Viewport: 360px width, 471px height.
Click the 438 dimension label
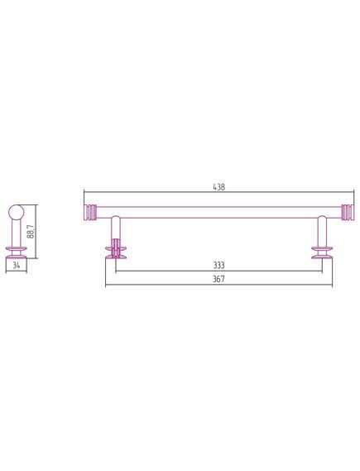point(218,187)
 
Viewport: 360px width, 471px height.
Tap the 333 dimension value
point(218,265)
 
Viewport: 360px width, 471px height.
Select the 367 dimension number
point(218,279)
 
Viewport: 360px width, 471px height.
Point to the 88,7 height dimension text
point(31,231)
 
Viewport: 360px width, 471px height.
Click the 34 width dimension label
point(17,265)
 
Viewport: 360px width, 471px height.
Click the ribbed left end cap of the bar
point(90,213)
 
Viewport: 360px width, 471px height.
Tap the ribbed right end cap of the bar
point(348,213)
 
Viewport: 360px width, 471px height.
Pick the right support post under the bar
point(322,231)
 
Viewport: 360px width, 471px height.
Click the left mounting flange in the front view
point(116,252)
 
